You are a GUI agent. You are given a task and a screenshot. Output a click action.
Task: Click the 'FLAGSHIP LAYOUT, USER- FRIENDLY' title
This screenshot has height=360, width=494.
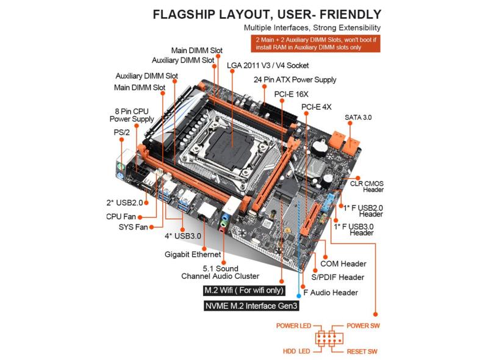[267, 14]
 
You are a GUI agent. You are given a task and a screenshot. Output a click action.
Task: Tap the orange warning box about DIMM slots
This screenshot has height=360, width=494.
[315, 43]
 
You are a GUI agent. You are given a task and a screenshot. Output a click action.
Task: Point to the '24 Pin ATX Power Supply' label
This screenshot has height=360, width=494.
[295, 80]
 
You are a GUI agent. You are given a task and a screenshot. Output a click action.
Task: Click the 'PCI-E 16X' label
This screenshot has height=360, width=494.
[291, 95]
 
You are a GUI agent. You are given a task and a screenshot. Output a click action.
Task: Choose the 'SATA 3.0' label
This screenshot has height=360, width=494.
[358, 117]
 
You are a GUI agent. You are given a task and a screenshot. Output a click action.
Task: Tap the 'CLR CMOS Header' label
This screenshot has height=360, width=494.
[366, 187]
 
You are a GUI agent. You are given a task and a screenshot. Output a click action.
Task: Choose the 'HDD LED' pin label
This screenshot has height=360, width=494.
[296, 351]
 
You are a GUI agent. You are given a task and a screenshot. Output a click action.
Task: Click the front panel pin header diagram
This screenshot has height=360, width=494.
[329, 339]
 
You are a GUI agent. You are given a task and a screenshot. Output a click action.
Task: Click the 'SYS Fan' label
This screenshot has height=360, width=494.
[133, 228]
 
